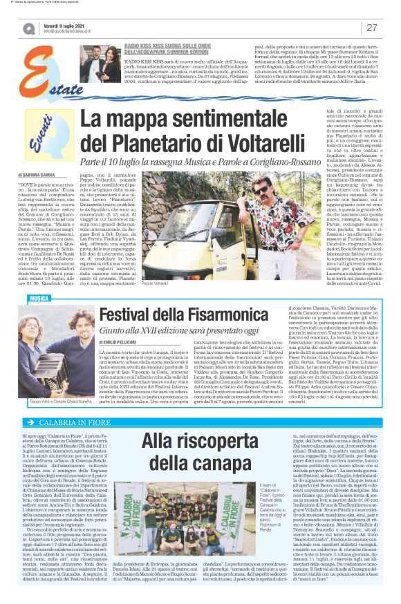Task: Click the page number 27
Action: click(372, 28)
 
